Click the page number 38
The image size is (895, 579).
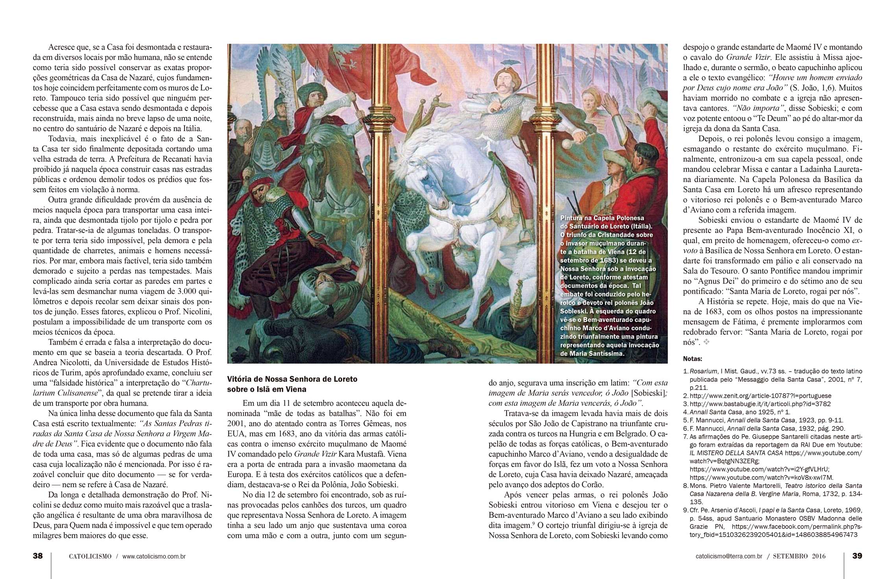[x=38, y=556]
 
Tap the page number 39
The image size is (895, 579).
[x=857, y=556]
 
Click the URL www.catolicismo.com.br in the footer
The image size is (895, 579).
[x=154, y=557]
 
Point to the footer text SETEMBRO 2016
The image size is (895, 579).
[x=799, y=557]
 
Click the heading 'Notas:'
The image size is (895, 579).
[x=692, y=359]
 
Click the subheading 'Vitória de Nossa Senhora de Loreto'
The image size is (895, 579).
[x=292, y=379]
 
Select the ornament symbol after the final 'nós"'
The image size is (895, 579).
[x=707, y=342]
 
